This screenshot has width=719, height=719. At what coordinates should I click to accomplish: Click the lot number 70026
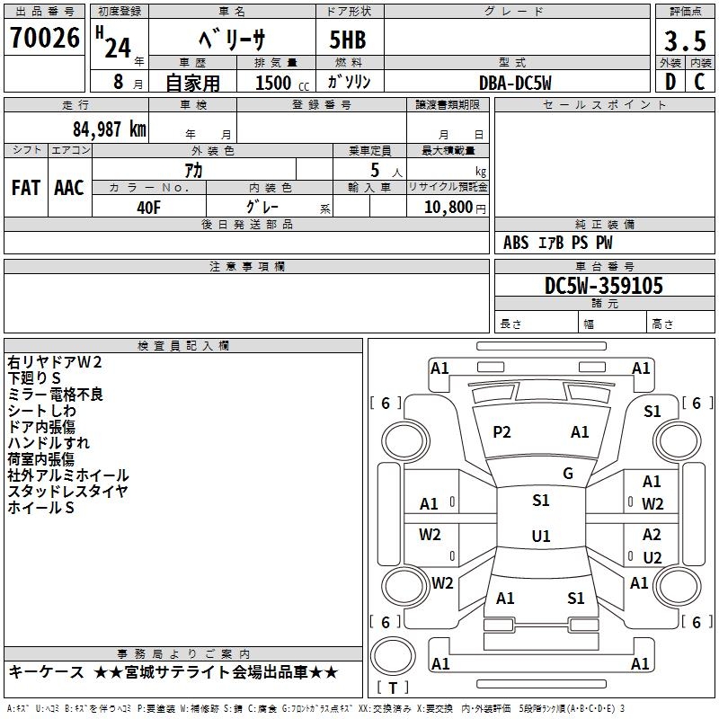click(45, 38)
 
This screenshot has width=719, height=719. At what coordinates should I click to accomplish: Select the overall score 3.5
click(684, 41)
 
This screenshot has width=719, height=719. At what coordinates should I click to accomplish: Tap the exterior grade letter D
click(670, 81)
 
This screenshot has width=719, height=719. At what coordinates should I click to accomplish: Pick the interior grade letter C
click(699, 81)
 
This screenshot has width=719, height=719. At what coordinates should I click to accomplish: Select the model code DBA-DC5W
click(515, 83)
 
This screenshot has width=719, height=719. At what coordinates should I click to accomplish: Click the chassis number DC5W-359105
click(604, 287)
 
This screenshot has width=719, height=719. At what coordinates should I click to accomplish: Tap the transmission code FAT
click(25, 188)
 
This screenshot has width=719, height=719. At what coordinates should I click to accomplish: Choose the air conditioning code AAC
click(69, 188)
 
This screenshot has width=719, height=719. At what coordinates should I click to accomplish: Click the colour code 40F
click(148, 206)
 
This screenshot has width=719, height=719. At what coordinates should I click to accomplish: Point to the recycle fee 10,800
click(447, 207)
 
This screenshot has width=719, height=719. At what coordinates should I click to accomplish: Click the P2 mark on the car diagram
click(502, 432)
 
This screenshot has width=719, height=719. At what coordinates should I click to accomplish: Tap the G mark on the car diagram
click(568, 474)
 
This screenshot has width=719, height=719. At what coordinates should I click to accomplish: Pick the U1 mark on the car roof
click(540, 537)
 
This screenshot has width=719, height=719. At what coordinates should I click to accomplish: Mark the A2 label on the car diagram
click(652, 535)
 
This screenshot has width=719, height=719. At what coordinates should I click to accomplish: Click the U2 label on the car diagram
click(652, 557)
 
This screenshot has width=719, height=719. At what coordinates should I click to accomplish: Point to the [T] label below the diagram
click(392, 688)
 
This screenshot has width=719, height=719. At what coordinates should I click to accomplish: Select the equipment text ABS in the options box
click(516, 243)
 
